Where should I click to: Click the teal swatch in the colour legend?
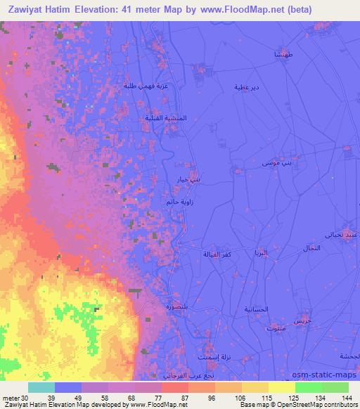41,387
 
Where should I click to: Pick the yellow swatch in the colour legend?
281,387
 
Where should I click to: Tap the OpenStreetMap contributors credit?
310,404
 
